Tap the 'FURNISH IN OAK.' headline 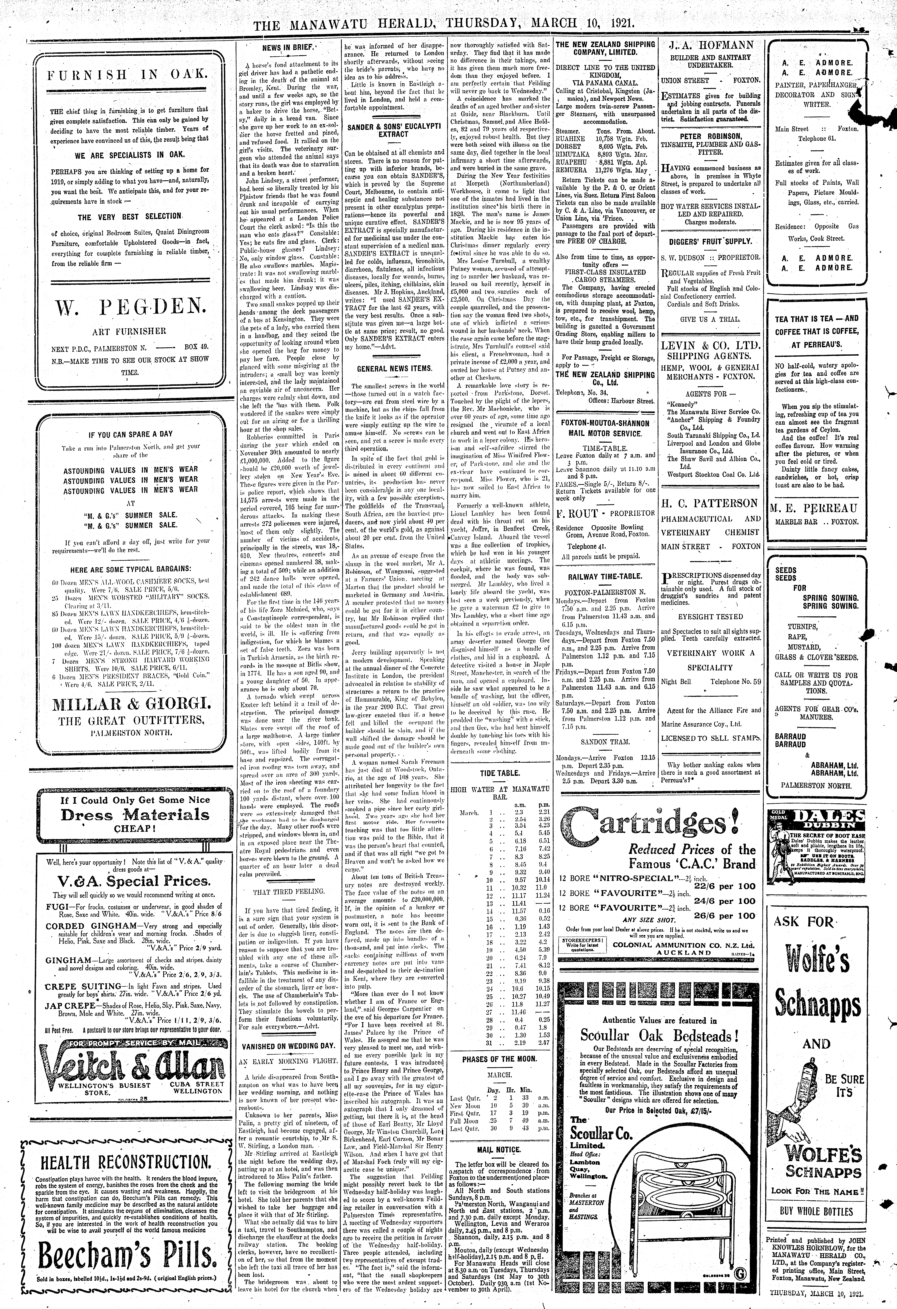[131, 74]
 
